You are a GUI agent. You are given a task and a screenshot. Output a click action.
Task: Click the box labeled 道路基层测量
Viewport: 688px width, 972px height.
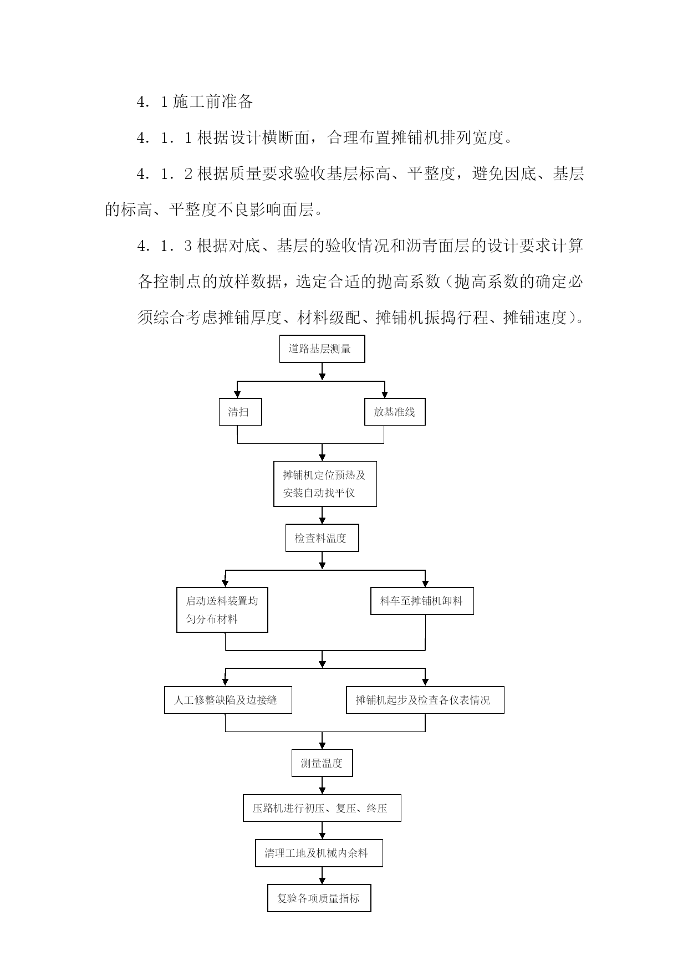coord(322,349)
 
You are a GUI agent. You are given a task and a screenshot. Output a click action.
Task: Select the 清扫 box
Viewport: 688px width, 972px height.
coord(240,412)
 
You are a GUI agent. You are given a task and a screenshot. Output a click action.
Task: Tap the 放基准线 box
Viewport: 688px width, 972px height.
coord(395,412)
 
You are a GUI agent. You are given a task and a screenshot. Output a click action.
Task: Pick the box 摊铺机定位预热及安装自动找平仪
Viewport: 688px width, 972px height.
coord(325,484)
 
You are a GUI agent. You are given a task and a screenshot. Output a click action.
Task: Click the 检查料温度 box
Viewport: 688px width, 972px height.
coord(322,538)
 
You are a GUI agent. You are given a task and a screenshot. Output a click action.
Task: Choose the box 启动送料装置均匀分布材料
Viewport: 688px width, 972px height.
coord(222,610)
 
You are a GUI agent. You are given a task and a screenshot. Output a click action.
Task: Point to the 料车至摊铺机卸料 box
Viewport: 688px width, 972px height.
coord(422,601)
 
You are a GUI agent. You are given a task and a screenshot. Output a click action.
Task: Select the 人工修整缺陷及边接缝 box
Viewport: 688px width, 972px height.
coord(228,700)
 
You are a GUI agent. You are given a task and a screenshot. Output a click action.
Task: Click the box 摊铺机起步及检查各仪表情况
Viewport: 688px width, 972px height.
coord(425,700)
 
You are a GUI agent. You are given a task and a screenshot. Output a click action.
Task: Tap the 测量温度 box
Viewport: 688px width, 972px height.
coord(322,763)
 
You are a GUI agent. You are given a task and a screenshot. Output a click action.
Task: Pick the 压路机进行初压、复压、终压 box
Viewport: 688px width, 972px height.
coord(322,808)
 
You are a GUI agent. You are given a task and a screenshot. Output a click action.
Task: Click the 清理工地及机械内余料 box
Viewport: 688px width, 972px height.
coord(319,853)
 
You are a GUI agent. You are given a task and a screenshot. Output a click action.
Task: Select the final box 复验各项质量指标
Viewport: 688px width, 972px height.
coord(319,898)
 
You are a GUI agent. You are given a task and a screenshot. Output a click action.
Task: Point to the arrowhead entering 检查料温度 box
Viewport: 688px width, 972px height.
coord(322,520)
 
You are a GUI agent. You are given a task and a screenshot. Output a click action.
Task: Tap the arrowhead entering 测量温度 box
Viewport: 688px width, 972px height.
coord(322,746)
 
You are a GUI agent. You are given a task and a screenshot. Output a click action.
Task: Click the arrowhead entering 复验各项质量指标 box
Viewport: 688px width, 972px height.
coord(322,881)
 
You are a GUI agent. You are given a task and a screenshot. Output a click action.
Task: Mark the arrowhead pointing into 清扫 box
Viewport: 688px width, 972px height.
coord(237,395)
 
